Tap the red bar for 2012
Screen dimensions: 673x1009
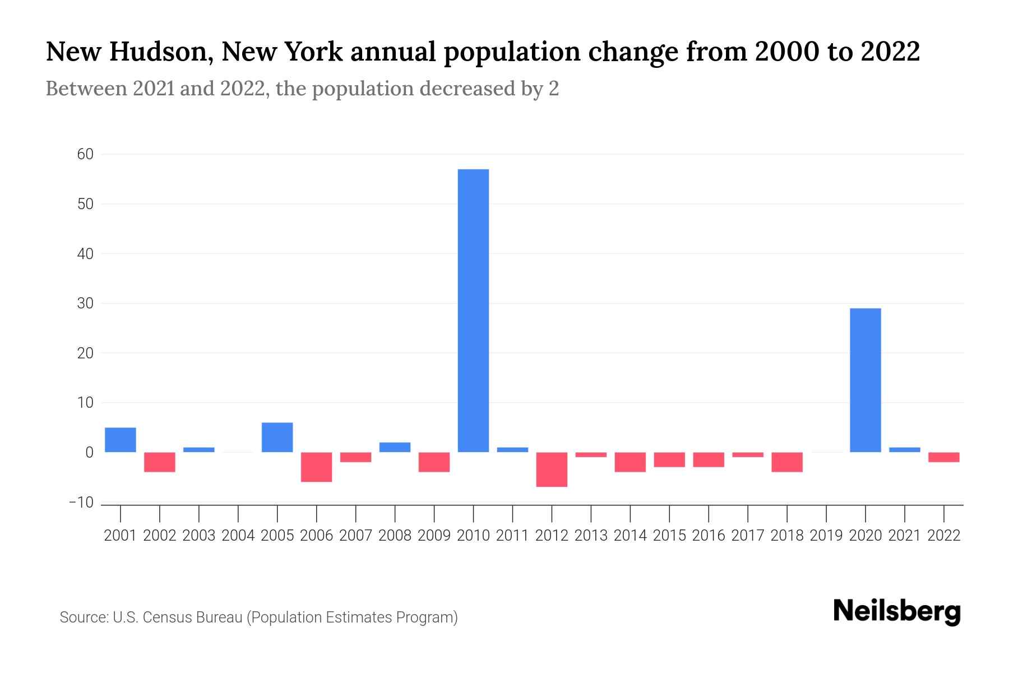(x=552, y=469)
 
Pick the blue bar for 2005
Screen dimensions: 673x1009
(x=277, y=437)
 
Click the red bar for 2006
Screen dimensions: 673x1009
(x=316, y=467)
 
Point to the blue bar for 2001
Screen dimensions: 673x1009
(x=120, y=440)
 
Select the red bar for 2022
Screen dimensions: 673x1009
(x=943, y=457)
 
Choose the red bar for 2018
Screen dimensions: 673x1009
(x=786, y=462)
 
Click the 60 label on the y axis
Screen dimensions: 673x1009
(x=85, y=154)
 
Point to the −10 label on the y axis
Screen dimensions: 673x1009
(x=81, y=502)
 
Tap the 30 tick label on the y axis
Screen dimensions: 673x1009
(x=85, y=303)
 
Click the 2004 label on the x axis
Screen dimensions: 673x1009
(x=238, y=536)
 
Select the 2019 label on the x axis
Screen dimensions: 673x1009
(x=826, y=536)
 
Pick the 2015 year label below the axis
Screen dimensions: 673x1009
(x=669, y=536)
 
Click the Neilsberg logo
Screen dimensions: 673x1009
(x=897, y=612)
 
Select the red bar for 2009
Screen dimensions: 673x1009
(x=434, y=462)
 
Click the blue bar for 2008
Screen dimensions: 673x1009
(x=395, y=447)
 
